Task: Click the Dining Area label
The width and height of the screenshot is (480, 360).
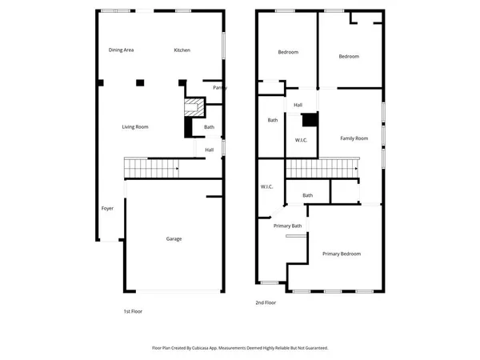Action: [121, 50]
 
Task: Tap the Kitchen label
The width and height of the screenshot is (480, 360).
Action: [182, 50]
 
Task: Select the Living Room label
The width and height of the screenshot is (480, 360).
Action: [134, 127]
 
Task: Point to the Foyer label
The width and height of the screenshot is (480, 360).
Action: [107, 208]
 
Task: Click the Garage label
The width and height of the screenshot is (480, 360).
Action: [174, 239]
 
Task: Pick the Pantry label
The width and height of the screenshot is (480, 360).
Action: [219, 87]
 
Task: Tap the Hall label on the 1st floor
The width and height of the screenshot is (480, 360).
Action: [209, 150]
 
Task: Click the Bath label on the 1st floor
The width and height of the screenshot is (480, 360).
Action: [209, 127]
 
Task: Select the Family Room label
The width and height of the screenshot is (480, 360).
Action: [354, 138]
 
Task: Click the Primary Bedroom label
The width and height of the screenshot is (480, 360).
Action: [341, 254]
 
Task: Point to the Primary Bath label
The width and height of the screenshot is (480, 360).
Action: [287, 226]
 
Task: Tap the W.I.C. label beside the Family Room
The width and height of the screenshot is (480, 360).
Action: [302, 141]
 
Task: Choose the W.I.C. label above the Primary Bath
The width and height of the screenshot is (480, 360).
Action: [267, 187]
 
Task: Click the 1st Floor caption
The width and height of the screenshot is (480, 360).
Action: [132, 310]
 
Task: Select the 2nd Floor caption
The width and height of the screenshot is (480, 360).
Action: [266, 303]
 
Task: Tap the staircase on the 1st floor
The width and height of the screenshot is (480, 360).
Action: [151, 168]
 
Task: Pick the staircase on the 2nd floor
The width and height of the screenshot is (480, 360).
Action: [320, 168]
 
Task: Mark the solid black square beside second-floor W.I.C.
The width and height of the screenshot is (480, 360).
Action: [309, 120]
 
